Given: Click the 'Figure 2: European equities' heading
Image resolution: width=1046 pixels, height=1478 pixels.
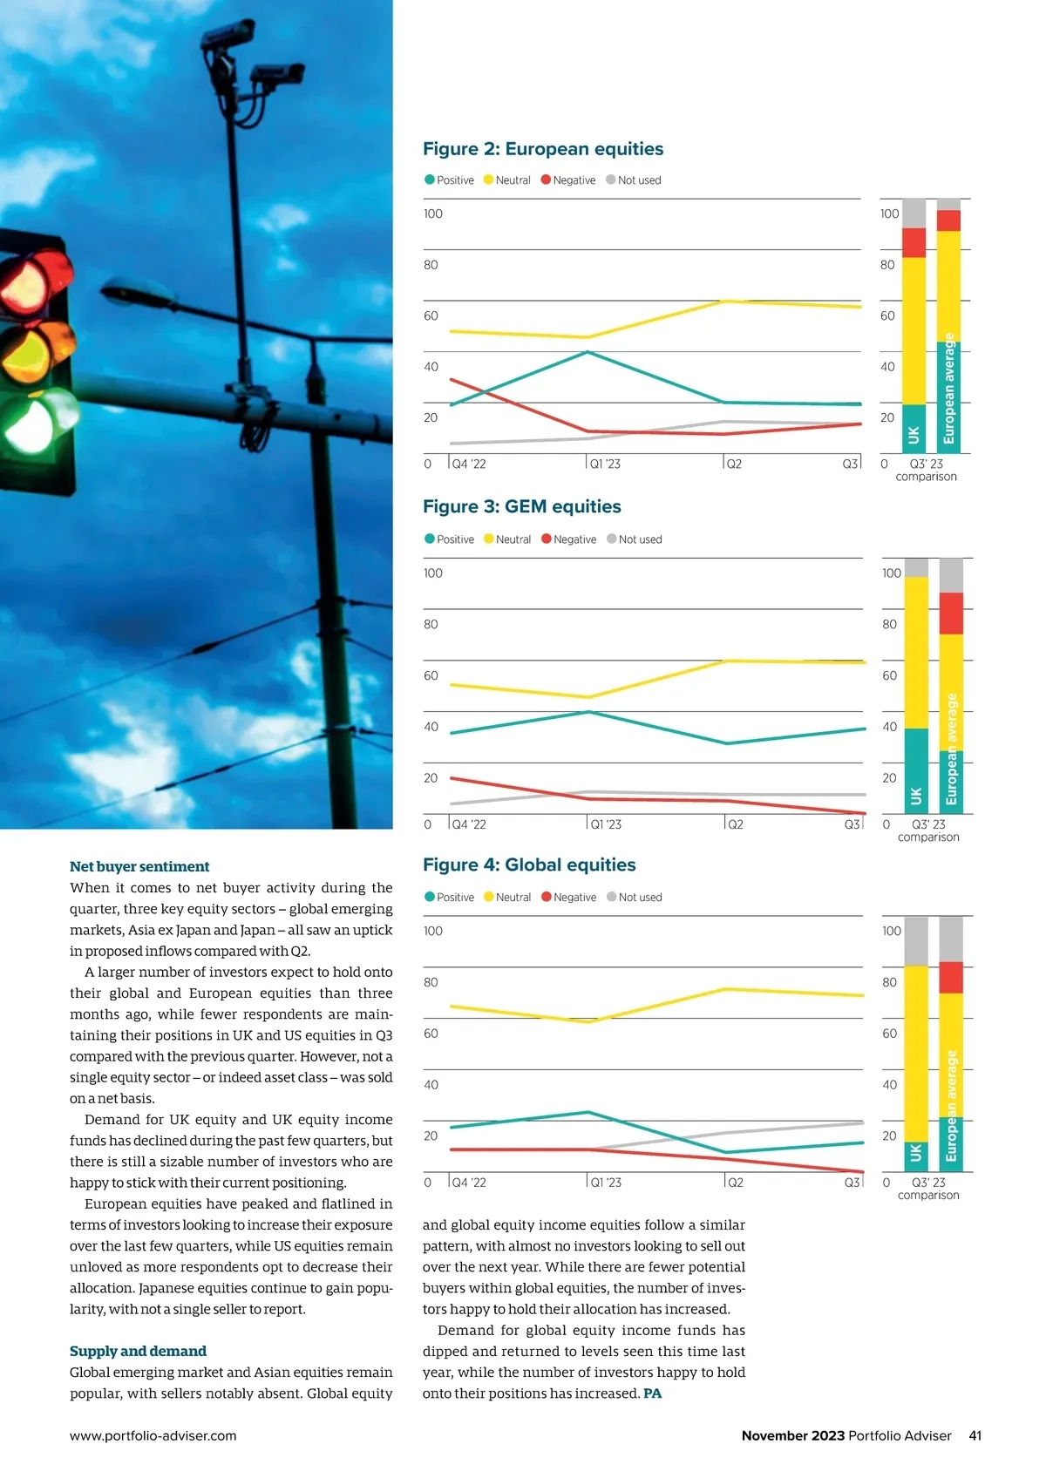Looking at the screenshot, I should click(x=542, y=149).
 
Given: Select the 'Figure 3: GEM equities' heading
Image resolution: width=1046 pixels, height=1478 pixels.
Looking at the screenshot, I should click(x=521, y=507).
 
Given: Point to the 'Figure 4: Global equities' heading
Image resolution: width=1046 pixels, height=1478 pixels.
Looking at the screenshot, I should click(x=528, y=865).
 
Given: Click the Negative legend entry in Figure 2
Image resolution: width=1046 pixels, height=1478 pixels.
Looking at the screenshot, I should click(x=568, y=180).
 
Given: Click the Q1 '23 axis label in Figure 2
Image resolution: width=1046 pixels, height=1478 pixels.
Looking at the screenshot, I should click(x=605, y=464).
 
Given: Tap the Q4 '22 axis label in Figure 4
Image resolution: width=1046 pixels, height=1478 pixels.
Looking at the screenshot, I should click(x=468, y=1183).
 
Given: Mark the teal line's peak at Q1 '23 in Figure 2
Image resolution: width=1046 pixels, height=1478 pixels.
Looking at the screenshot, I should click(x=588, y=352).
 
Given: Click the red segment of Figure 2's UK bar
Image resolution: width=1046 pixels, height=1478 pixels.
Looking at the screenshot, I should click(x=914, y=243).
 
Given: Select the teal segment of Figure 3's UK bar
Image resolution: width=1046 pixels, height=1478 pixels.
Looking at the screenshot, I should click(x=916, y=770).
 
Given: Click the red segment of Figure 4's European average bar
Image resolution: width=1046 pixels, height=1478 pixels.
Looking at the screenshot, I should click(x=951, y=978).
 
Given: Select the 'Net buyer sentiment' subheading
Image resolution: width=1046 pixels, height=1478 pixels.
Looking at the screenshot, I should click(x=139, y=867).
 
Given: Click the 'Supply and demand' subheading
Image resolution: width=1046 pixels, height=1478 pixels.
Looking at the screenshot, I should click(x=138, y=1352).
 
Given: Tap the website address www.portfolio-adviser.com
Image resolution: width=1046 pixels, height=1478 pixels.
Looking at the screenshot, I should click(x=153, y=1436).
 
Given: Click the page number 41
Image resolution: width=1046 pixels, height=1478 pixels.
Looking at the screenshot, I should click(x=975, y=1436).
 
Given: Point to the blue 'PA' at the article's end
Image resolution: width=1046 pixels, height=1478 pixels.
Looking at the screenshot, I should click(x=652, y=1393).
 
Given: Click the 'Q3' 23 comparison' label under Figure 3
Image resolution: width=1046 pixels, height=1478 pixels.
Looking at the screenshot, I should click(x=928, y=831).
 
